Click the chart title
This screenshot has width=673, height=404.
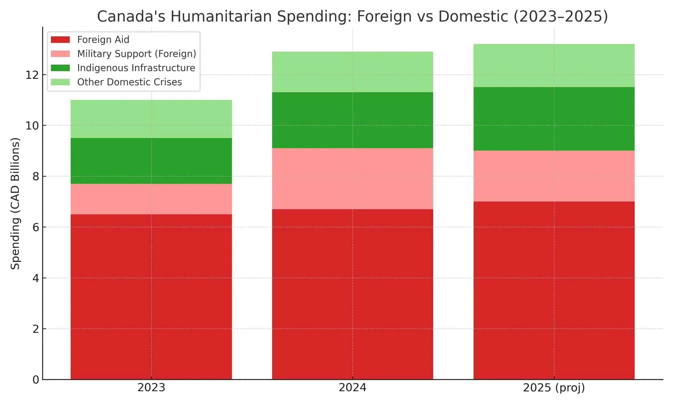(353, 16)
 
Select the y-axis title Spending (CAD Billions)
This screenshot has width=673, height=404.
(15, 204)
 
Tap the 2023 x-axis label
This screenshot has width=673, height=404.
(151, 387)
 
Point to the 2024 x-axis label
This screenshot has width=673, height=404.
(353, 387)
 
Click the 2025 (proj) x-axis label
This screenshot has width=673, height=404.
(554, 387)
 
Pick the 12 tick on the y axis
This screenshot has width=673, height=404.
(32, 75)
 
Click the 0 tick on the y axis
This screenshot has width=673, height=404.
(36, 380)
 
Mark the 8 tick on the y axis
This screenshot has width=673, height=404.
(36, 177)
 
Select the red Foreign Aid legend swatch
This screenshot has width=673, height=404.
(60, 39)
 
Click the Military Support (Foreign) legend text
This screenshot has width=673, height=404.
(136, 54)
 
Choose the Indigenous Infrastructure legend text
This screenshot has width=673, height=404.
(136, 68)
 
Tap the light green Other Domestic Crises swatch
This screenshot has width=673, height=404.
(60, 82)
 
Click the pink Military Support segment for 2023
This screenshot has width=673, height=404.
(151, 199)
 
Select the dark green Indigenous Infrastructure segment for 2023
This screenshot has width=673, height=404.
(151, 161)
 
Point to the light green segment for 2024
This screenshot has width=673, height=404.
(353, 72)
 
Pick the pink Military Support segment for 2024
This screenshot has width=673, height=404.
(353, 179)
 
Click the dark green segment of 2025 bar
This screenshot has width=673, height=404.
(554, 119)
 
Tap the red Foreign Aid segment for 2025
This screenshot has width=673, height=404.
(554, 290)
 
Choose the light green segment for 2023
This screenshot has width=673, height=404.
(151, 119)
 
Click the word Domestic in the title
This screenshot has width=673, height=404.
(473, 16)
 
